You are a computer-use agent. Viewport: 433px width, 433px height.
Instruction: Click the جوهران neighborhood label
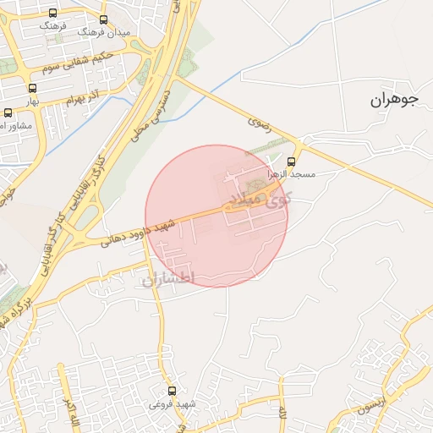pos(394,100)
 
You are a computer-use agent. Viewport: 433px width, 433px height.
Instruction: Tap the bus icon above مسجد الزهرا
pos(292,162)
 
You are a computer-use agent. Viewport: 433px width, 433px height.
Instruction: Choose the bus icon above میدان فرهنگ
pos(104,19)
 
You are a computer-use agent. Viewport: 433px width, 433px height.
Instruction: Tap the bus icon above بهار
pos(33,89)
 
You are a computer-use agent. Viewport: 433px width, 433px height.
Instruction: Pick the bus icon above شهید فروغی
pos(173,391)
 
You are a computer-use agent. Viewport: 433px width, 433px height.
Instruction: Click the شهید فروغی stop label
pos(173,403)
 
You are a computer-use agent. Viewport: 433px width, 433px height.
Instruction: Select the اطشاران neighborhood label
pos(168,278)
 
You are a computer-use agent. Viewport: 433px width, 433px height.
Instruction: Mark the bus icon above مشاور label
pos(8,112)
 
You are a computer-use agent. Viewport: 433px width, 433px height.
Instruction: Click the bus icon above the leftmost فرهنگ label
pos(53,14)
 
